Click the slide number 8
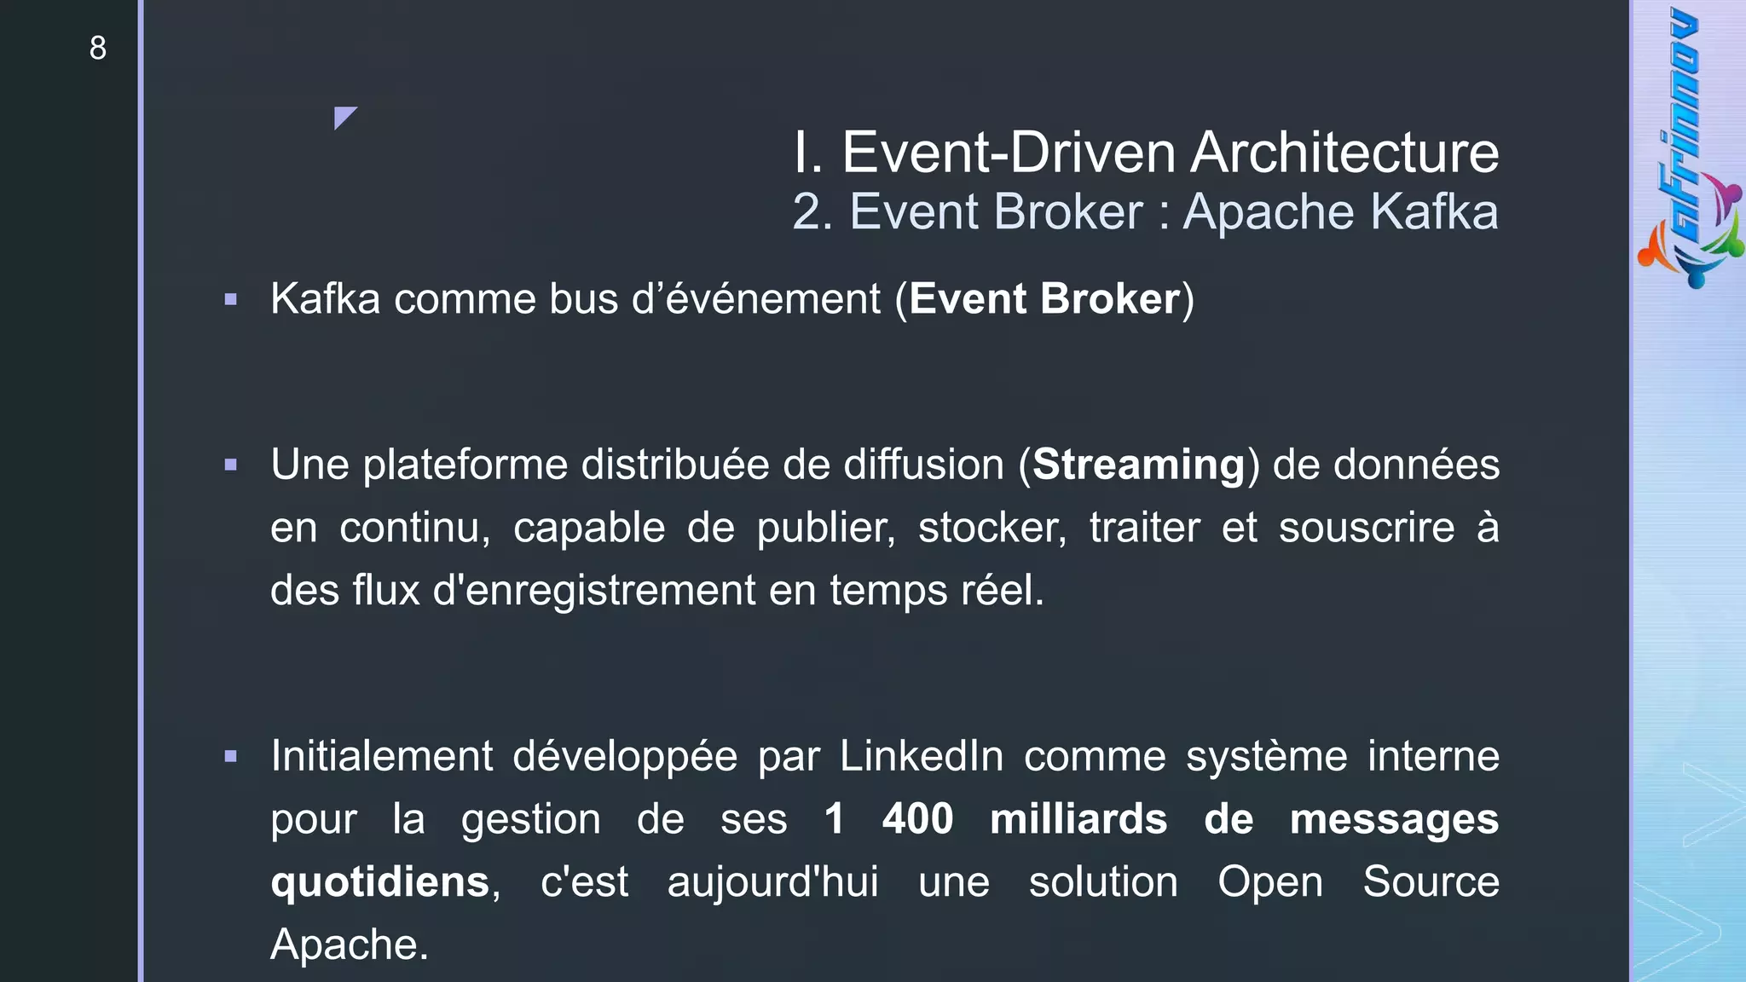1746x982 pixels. coord(98,48)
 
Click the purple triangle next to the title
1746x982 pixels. coord(344,117)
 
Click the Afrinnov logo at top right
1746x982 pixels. coord(1689,149)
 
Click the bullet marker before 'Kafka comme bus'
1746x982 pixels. coord(230,299)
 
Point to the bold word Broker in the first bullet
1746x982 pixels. coord(1109,299)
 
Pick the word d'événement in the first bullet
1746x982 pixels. coord(755,299)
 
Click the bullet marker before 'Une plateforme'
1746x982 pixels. coord(230,465)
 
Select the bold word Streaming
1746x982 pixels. coord(1138,465)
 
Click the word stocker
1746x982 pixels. coord(992,528)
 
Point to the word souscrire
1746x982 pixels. coord(1367,528)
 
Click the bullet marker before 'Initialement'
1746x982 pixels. coord(230,756)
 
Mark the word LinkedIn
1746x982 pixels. coord(922,756)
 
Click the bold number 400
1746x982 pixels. coord(917,819)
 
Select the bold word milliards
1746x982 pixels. coord(1078,819)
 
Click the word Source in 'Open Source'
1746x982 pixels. coord(1431,882)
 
